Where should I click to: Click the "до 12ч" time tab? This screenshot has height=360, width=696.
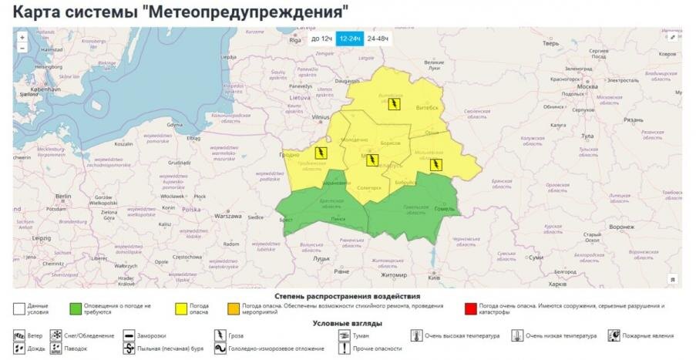[321, 38]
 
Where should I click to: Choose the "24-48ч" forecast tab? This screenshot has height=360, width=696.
[378, 38]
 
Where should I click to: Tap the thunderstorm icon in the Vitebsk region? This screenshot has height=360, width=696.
[394, 103]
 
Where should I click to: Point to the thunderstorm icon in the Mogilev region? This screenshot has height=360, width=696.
[435, 164]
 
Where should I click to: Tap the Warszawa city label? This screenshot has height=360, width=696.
[228, 217]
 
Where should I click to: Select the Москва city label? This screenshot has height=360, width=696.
[587, 86]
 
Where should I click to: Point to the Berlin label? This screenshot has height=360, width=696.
[63, 197]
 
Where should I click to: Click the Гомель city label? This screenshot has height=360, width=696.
[445, 209]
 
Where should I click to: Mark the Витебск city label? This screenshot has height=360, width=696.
[427, 108]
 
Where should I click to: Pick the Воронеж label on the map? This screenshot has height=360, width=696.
[620, 227]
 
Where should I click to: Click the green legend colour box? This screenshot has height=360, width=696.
[76, 309]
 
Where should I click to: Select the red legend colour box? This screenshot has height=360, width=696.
[470, 309]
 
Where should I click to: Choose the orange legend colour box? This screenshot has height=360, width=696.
[234, 309]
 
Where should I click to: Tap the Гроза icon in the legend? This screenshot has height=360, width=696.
[219, 336]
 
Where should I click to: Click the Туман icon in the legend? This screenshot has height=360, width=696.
[345, 336]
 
